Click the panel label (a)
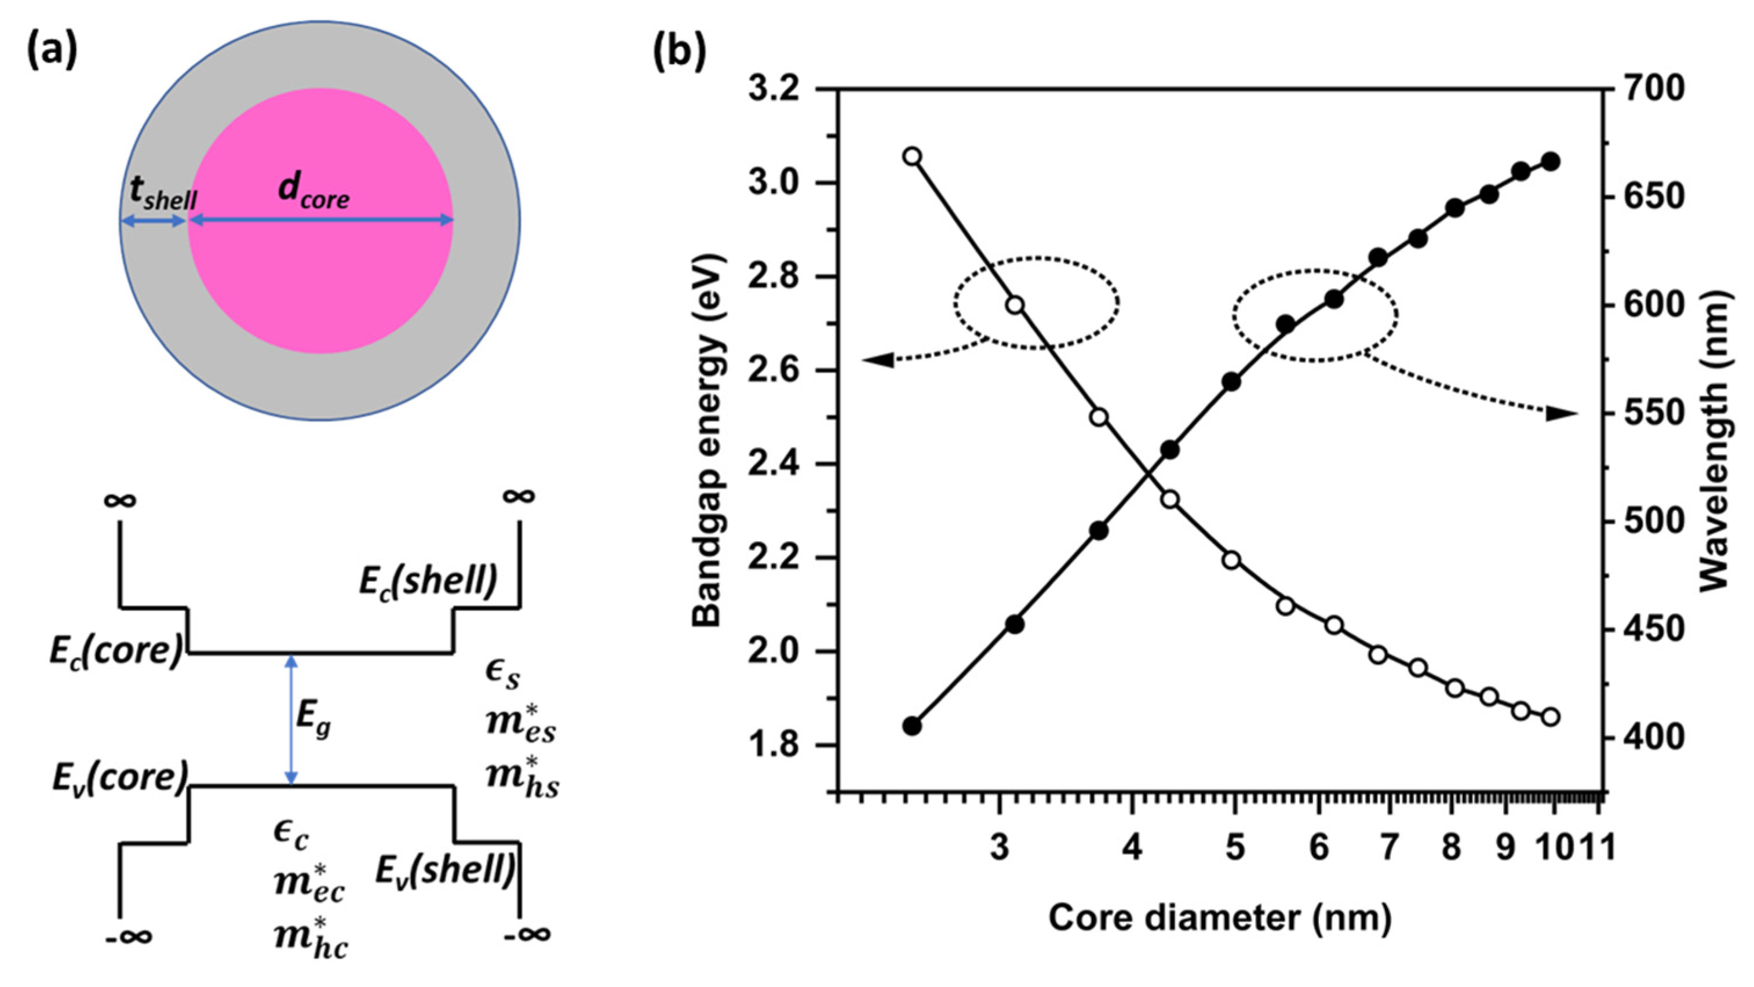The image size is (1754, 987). tap(52, 52)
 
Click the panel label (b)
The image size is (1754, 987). tap(679, 52)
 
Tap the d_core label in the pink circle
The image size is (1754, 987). tap(313, 191)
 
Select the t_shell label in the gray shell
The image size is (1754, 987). tap(163, 198)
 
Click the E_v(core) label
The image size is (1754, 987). tap(118, 777)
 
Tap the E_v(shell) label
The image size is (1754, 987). tap(446, 870)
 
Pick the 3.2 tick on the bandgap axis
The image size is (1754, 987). tap(774, 90)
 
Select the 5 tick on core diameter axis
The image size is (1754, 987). tap(1234, 848)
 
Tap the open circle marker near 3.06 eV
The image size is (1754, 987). tap(913, 156)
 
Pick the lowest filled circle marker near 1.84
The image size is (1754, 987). tap(913, 726)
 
